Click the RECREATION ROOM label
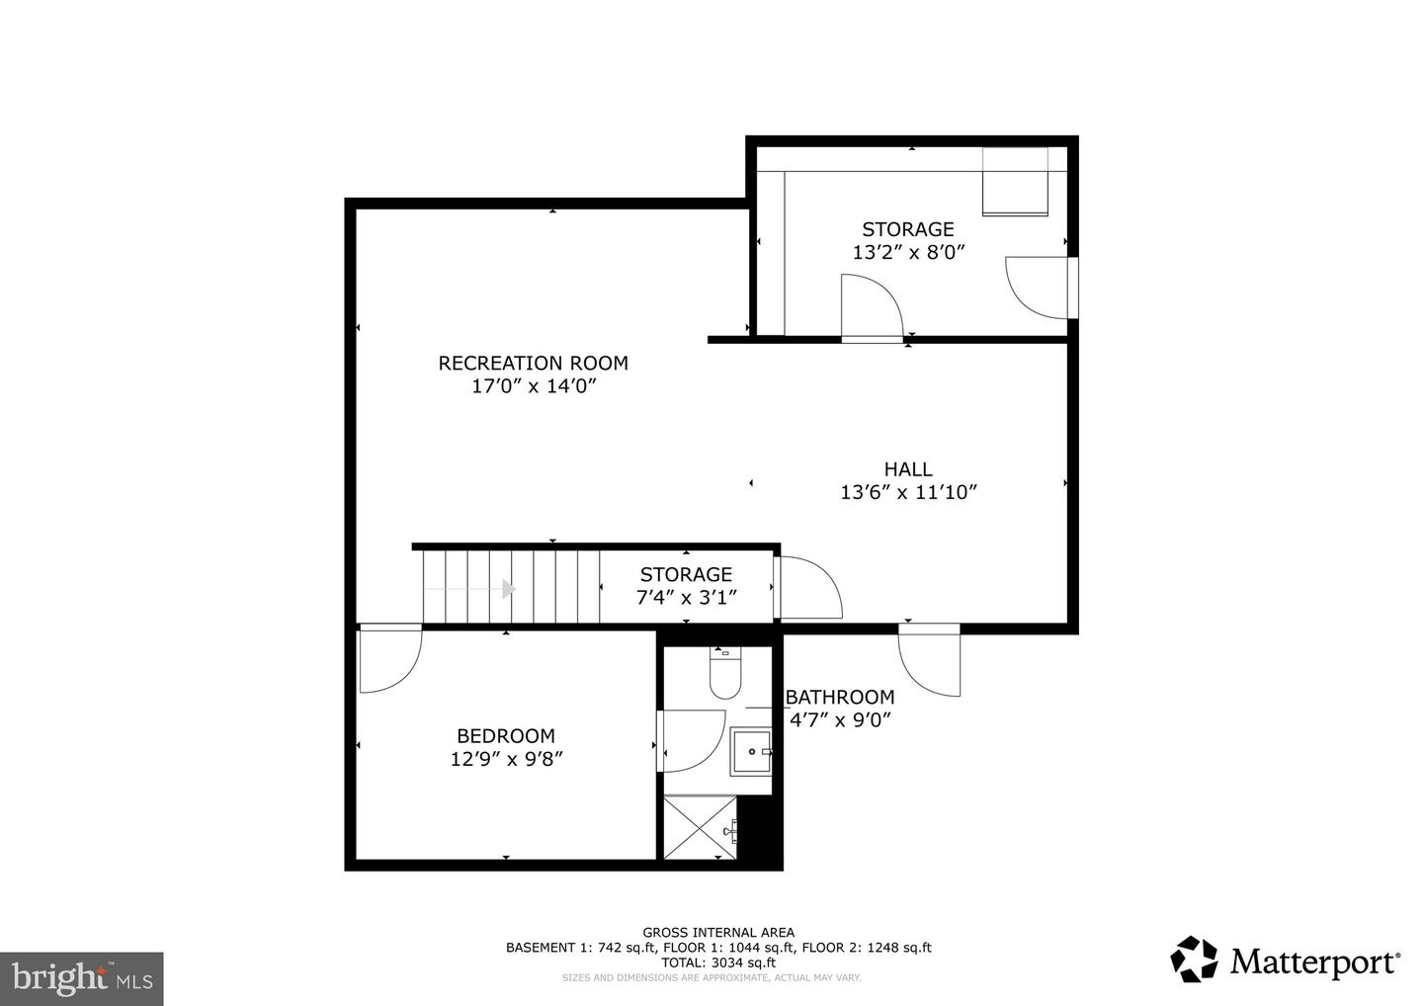click(533, 363)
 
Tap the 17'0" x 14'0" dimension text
click(534, 386)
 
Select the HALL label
click(907, 469)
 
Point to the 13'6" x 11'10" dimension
click(908, 492)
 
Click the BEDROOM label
click(505, 736)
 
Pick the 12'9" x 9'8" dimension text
click(506, 759)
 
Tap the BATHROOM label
click(840, 697)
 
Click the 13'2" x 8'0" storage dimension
click(907, 252)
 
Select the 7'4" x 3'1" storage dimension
click(686, 597)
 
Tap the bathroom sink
click(752, 753)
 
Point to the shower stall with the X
click(701, 828)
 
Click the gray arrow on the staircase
click(508, 589)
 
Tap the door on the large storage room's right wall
click(1040, 287)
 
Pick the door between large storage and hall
click(871, 307)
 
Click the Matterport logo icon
click(1194, 960)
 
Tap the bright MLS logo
click(82, 978)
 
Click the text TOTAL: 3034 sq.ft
click(718, 963)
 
